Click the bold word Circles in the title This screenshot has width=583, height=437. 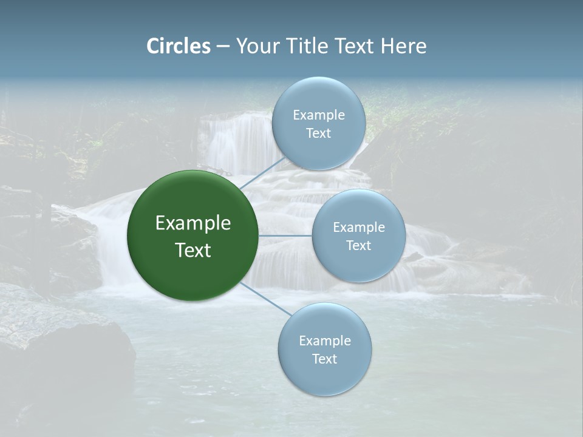coord(179,46)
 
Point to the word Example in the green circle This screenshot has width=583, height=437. coord(193,223)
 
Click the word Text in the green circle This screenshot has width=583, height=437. coord(193,250)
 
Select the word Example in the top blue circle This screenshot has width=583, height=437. coord(319,115)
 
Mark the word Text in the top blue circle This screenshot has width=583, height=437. coord(319,134)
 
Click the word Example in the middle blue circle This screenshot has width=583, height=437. coord(359,228)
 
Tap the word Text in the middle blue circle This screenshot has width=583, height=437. coord(359,246)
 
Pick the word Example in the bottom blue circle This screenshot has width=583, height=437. coord(325,341)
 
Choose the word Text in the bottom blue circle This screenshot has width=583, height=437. coord(325,359)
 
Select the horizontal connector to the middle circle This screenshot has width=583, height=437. coord(285,235)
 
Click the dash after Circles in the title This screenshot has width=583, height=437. coord(223,46)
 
